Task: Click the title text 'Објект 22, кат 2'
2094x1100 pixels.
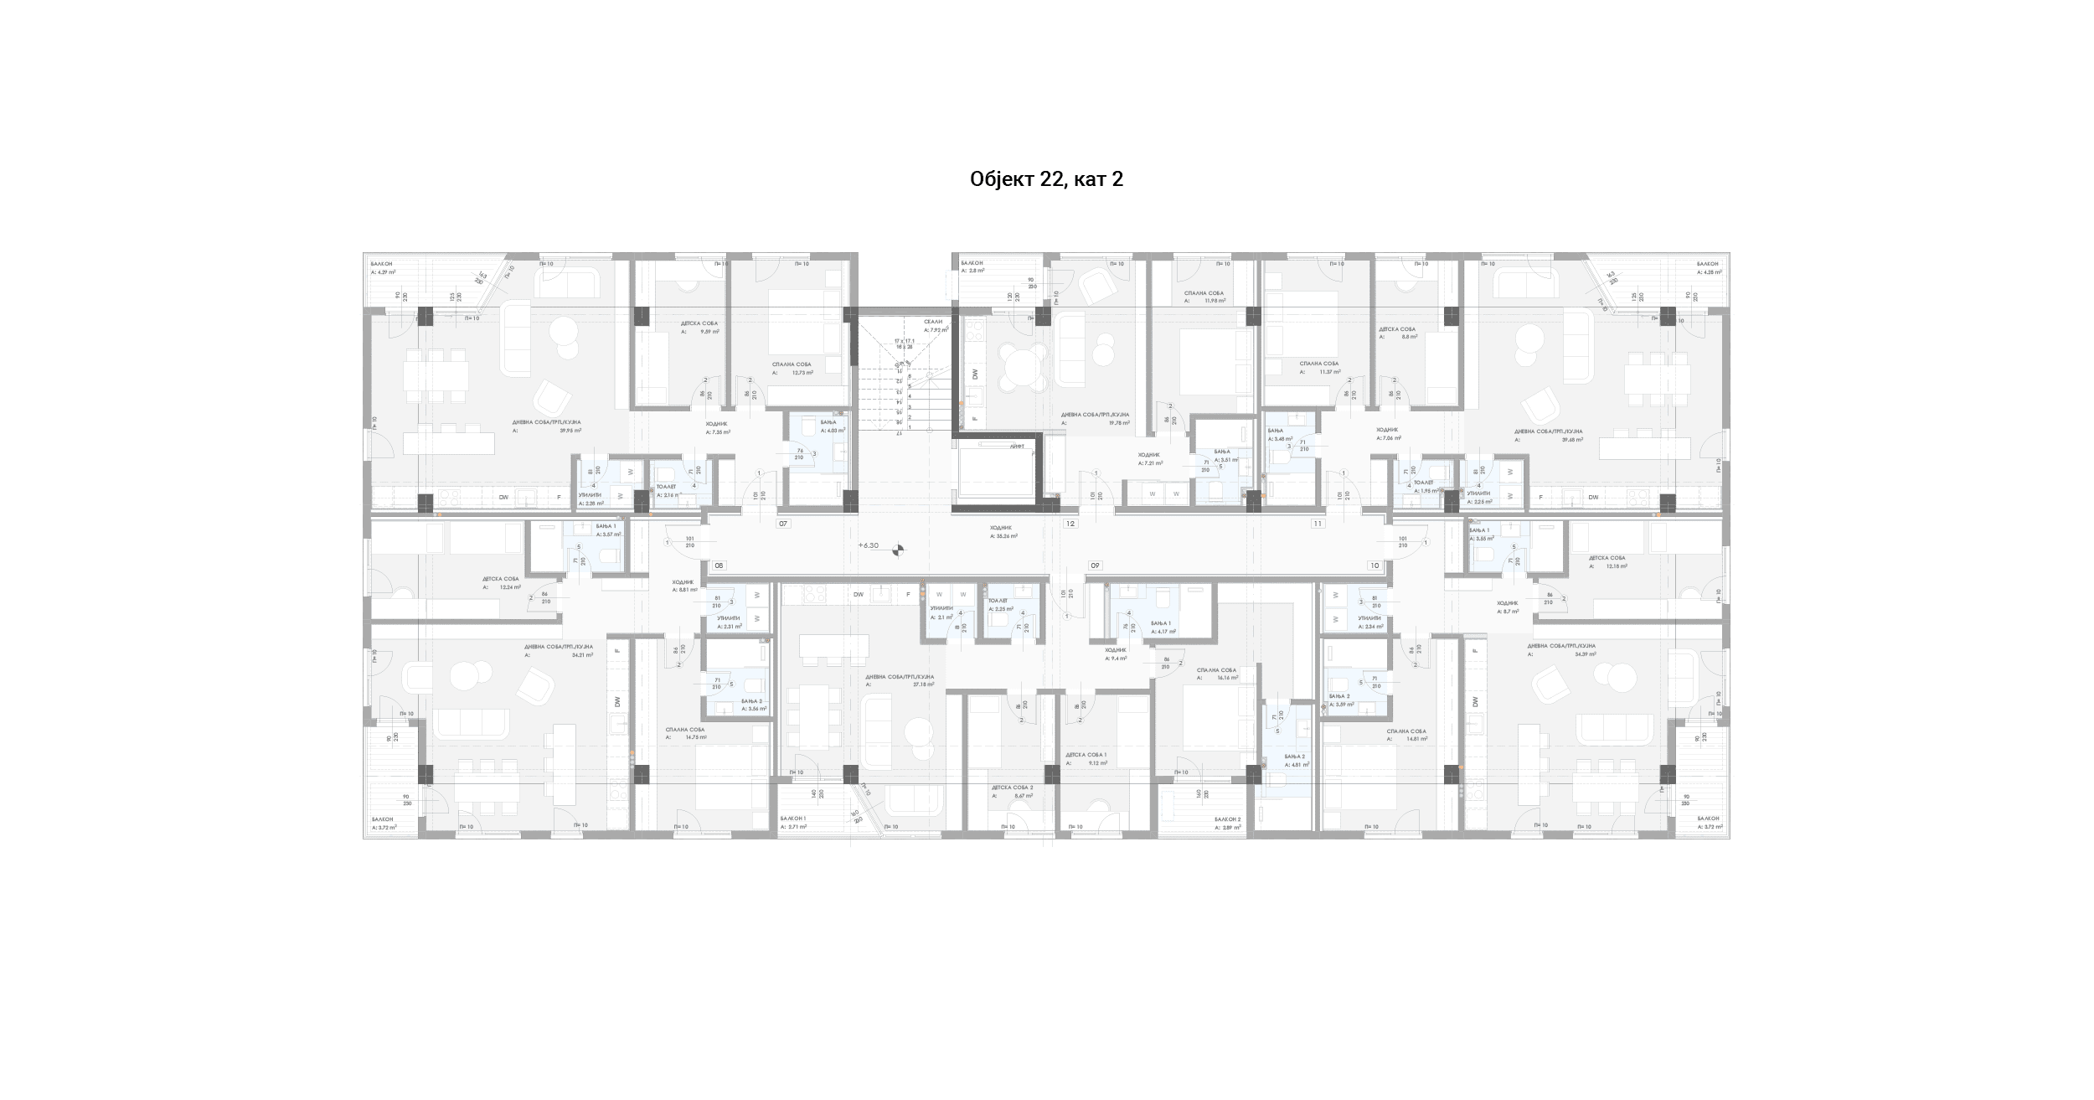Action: click(x=1046, y=179)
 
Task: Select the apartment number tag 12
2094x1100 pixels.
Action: click(x=1070, y=524)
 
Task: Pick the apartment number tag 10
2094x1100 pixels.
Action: click(x=1375, y=565)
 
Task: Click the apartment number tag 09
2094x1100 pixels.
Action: click(x=1095, y=565)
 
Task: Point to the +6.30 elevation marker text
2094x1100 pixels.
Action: click(x=869, y=545)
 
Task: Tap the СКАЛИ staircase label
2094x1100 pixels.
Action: click(x=933, y=322)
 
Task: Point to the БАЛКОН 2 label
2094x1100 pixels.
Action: click(x=1227, y=819)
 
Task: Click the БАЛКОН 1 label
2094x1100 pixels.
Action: click(x=792, y=818)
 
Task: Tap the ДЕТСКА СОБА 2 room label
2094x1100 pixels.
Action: click(x=1012, y=788)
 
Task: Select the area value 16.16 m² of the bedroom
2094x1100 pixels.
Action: click(x=1227, y=678)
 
